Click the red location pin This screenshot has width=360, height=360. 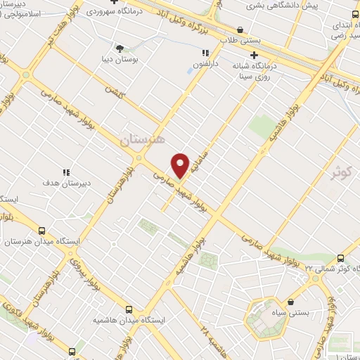(x=181, y=165)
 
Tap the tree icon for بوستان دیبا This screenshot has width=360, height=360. (x=120, y=49)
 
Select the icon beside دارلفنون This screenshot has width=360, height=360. (x=205, y=53)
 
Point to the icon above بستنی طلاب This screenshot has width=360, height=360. (x=241, y=30)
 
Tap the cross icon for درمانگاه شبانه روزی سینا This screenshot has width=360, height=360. (x=255, y=54)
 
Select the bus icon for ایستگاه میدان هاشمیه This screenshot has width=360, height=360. (x=129, y=309)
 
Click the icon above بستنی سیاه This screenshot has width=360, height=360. (x=290, y=282)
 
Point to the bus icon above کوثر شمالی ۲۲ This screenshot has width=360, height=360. (x=341, y=258)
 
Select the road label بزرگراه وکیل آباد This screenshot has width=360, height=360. (x=211, y=23)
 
